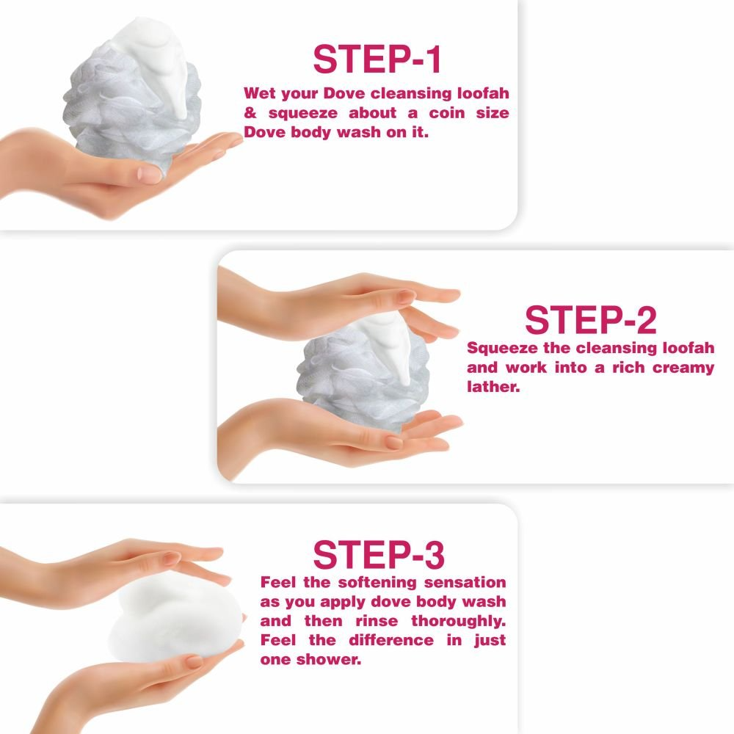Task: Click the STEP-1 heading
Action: [x=377, y=59]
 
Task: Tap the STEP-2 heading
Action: [x=591, y=320]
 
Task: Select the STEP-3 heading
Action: [x=379, y=555]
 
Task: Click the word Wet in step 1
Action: [x=259, y=93]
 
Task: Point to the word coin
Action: [x=447, y=113]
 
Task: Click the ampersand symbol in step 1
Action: [x=250, y=113]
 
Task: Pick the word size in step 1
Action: [x=493, y=113]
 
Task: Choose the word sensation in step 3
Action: [x=465, y=582]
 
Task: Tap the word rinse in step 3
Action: [x=377, y=621]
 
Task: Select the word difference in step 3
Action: [x=391, y=640]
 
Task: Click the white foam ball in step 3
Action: [x=175, y=620]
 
